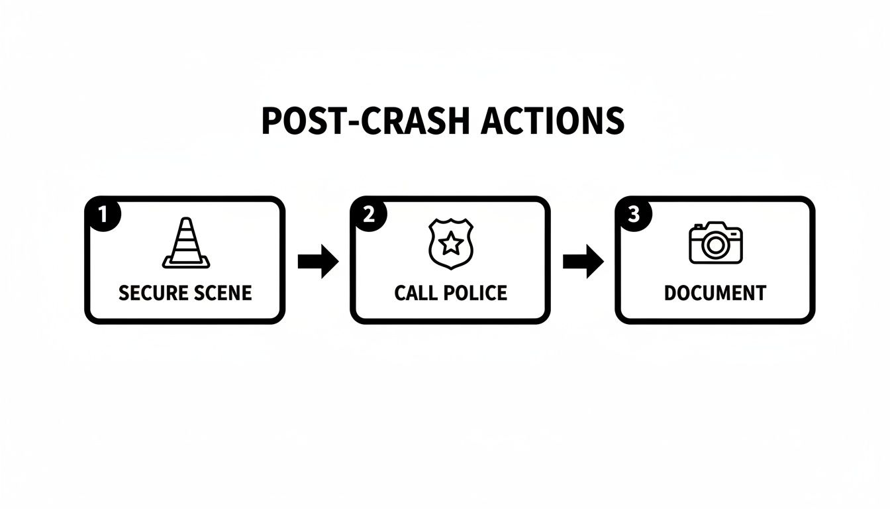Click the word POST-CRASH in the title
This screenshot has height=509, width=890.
coord(356,121)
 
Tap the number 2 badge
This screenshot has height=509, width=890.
coord(368,213)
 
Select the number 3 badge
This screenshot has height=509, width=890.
coord(633,213)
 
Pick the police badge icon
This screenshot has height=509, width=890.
coord(451,245)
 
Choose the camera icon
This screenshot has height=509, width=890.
coord(716,243)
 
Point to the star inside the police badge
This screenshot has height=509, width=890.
coord(451,244)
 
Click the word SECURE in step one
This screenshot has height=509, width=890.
coord(152,293)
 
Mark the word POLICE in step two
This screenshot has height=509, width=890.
coord(475,293)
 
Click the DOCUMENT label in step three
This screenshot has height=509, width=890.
coord(715,293)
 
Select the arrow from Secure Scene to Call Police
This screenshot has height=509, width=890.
coord(318,262)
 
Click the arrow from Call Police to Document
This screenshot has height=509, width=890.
coord(583,262)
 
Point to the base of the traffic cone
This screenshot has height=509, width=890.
coord(185,264)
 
